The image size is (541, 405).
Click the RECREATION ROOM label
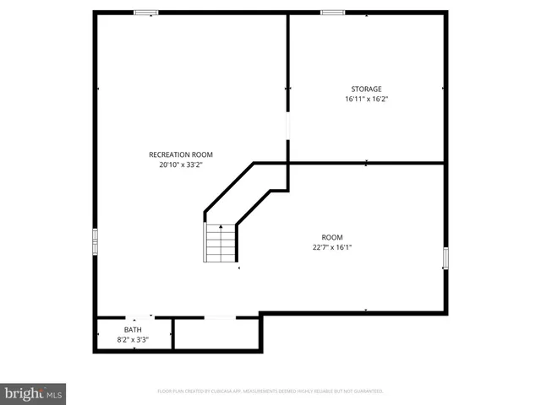pyautogui.click(x=181, y=154)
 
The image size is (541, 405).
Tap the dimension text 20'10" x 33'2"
pyautogui.click(x=181, y=165)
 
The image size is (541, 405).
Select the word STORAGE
pyautogui.click(x=367, y=89)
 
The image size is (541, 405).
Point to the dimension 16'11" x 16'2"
pyautogui.click(x=367, y=99)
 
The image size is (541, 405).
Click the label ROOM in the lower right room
pyautogui.click(x=332, y=237)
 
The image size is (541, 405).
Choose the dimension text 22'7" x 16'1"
pyautogui.click(x=332, y=247)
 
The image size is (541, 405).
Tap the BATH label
pyautogui.click(x=133, y=330)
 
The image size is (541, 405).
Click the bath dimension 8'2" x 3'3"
pyautogui.click(x=133, y=339)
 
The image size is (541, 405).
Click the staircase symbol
pyautogui.click(x=219, y=243)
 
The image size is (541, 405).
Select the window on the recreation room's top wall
pyautogui.click(x=147, y=13)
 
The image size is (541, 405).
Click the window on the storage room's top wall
pyautogui.click(x=332, y=13)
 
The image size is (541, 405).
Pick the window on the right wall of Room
pyautogui.click(x=445, y=258)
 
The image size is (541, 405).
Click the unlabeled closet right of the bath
pyautogui.click(x=216, y=333)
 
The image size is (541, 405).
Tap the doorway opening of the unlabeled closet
pyautogui.click(x=220, y=317)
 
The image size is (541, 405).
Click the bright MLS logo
pyautogui.click(x=34, y=393)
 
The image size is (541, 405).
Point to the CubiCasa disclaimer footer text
pyautogui.click(x=270, y=391)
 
